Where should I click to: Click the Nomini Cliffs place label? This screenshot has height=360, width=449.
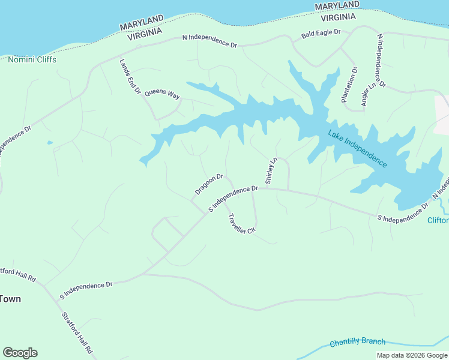(32, 59)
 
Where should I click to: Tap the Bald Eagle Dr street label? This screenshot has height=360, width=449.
(321, 34)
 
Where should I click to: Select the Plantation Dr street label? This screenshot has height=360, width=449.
(349, 85)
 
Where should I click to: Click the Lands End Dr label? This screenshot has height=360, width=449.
(130, 77)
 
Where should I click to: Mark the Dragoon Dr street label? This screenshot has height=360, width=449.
(209, 185)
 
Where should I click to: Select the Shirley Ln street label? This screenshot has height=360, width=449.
(270, 171)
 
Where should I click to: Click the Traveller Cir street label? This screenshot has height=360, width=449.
(242, 224)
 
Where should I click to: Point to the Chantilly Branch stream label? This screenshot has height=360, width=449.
(357, 342)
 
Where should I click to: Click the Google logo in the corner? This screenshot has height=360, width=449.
(20, 353)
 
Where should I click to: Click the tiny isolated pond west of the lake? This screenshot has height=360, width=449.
(49, 143)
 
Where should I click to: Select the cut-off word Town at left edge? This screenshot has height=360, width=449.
(11, 299)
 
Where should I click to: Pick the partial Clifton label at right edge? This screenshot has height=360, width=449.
(438, 220)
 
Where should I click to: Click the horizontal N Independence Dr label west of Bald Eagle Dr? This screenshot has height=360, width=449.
(210, 41)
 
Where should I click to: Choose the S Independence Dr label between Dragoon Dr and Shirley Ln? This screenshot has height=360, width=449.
(233, 198)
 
